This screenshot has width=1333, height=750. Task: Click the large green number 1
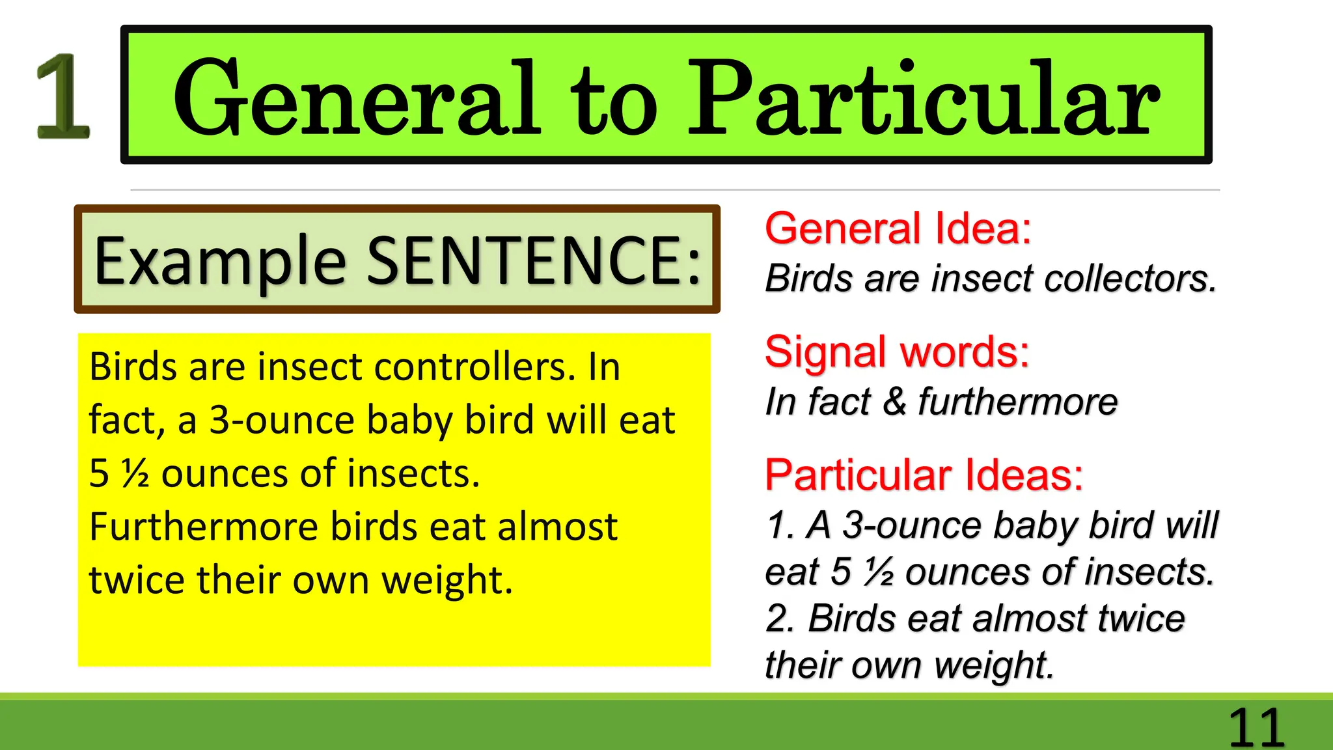coord(62,96)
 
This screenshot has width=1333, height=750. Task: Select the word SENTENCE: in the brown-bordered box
coord(534,260)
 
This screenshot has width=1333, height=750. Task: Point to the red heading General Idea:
coord(898,229)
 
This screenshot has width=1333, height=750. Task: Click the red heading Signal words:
coord(897,352)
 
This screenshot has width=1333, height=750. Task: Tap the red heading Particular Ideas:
coord(924,475)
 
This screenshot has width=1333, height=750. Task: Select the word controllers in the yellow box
coord(474,367)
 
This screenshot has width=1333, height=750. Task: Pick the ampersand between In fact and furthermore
coord(894,402)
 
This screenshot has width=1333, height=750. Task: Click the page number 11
coord(1256,727)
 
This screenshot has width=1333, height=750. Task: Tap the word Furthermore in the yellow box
coord(203,527)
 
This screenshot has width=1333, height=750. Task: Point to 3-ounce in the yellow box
coord(281,421)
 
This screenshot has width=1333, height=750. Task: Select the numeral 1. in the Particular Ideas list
coord(779,525)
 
